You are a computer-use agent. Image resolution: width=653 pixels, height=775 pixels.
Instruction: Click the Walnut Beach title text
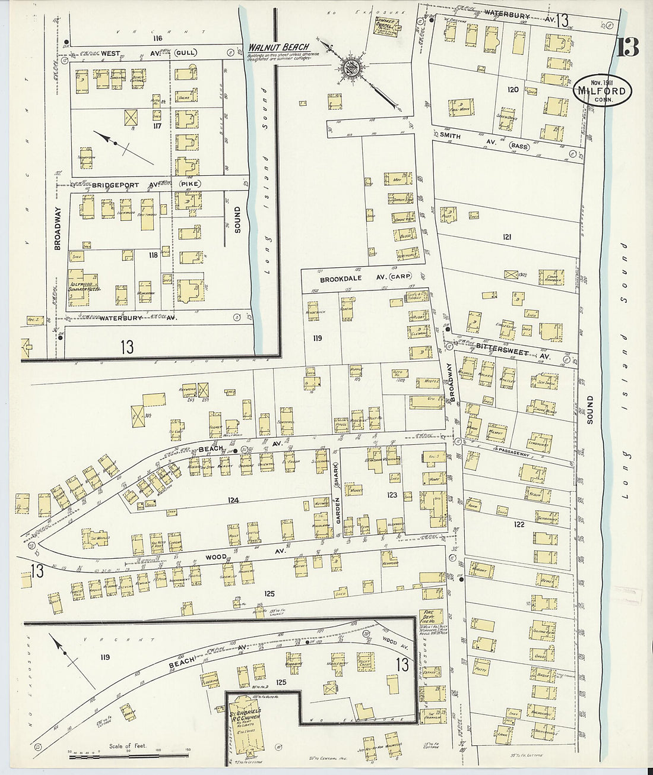278,48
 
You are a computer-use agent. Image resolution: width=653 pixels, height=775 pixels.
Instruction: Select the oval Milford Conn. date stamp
603,91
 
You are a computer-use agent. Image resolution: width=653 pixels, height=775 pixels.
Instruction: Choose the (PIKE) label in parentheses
189,185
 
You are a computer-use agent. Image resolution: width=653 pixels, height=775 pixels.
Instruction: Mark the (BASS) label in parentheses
520,145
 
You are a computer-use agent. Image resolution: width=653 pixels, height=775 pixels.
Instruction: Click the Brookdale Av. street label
354,278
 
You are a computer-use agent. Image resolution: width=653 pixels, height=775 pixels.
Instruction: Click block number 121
506,237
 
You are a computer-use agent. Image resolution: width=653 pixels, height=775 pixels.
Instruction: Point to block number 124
233,501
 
